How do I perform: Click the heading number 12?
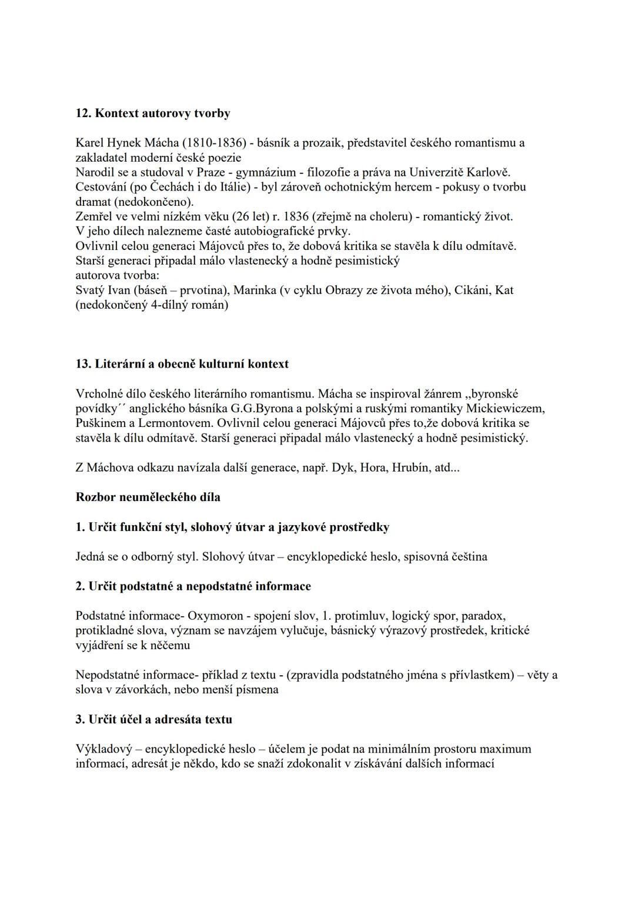83,113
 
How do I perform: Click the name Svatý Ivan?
101,290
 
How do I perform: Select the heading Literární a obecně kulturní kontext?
189,364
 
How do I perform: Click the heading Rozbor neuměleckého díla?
148,497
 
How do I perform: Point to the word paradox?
483,616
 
